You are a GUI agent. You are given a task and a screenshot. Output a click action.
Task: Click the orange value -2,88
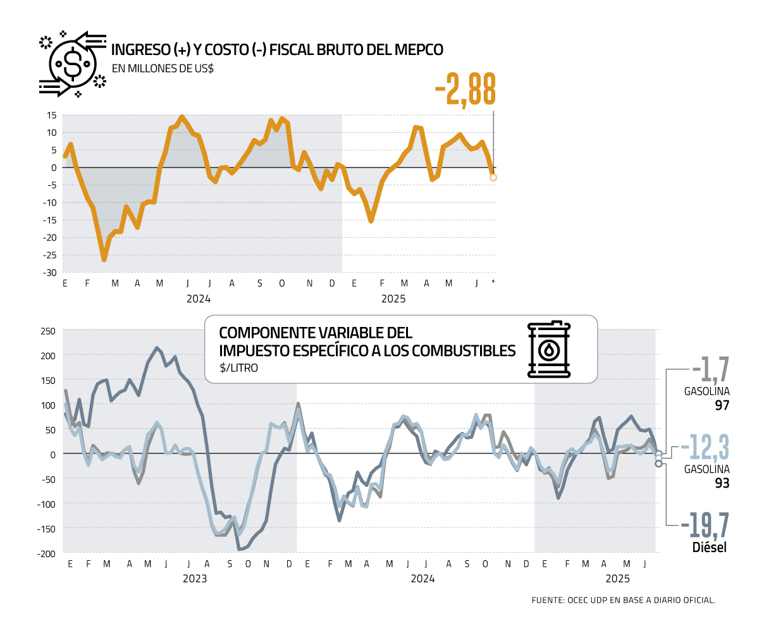[466, 90]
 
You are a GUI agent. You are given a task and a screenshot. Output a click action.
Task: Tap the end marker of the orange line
[493, 178]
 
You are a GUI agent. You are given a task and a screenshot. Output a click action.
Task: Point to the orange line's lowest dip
[104, 259]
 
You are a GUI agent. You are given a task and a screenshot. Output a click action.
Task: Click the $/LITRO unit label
[238, 367]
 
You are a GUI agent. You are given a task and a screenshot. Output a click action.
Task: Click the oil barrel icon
[548, 349]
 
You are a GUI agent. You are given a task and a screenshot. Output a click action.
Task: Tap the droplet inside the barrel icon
[548, 351]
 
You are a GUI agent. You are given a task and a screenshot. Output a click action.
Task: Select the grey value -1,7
[711, 369]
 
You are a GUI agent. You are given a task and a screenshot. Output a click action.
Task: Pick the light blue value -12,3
[705, 448]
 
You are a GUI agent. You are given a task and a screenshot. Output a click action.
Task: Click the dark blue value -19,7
[705, 526]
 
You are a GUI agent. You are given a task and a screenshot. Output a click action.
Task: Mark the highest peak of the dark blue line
[157, 348]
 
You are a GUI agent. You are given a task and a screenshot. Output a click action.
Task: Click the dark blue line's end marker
[658, 464]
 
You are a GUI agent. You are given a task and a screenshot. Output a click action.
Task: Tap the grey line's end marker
[658, 453]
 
